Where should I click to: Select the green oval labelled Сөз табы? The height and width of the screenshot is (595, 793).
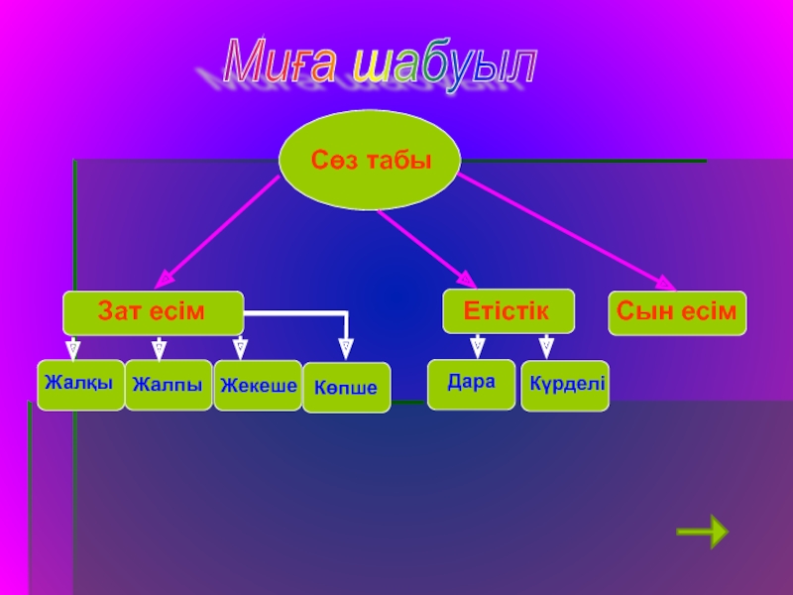(371, 160)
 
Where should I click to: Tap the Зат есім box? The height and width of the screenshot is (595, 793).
(153, 312)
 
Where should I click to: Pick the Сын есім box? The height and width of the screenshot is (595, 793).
(677, 312)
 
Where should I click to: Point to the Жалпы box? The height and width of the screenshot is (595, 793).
(168, 385)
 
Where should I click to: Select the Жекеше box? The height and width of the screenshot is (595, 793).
(258, 386)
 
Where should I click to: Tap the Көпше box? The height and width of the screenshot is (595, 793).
(346, 388)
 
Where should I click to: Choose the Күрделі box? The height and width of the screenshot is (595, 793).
(565, 386)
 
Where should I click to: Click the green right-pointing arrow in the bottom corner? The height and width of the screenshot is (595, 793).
(702, 532)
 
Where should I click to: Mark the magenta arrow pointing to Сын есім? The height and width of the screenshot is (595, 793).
(565, 230)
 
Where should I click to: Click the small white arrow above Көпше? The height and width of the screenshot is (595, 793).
(346, 347)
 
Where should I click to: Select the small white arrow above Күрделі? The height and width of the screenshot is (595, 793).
(545, 346)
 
